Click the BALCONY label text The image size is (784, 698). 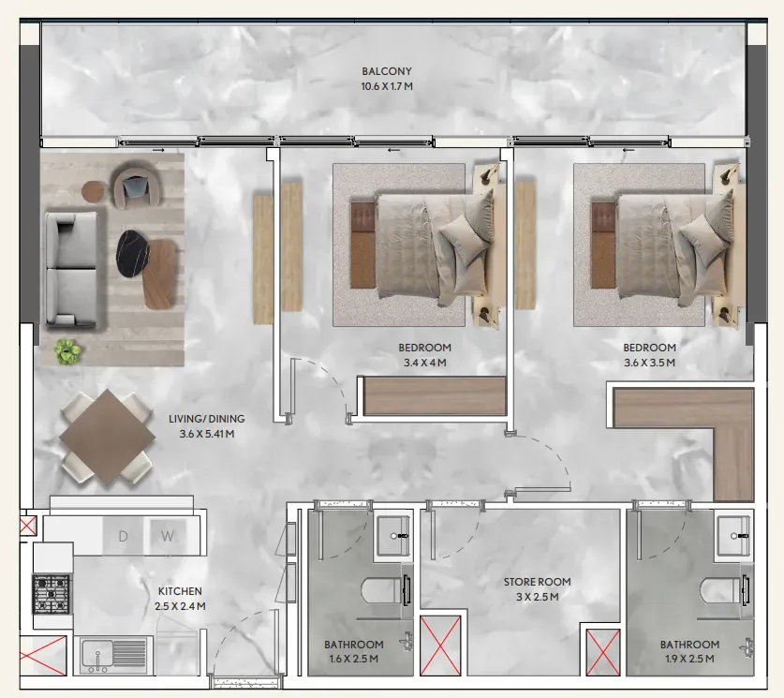pyautogui.click(x=387, y=71)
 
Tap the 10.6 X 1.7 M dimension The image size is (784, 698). pyautogui.click(x=387, y=86)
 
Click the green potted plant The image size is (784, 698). pyautogui.click(x=68, y=350)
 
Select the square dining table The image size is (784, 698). pyautogui.click(x=107, y=438)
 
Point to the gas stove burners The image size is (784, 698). pyautogui.click(x=52, y=594)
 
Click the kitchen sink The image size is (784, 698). pyautogui.click(x=113, y=654)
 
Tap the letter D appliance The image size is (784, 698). pyautogui.click(x=123, y=537)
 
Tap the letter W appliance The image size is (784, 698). pyautogui.click(x=167, y=537)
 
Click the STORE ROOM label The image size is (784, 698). pyautogui.click(x=537, y=582)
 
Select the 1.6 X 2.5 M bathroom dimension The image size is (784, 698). pyautogui.click(x=353, y=659)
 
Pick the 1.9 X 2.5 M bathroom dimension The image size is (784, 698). pyautogui.click(x=689, y=659)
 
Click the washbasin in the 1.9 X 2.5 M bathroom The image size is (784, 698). pyautogui.click(x=734, y=536)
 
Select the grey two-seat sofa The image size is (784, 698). pyautogui.click(x=71, y=269)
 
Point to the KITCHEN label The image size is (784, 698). pyautogui.click(x=180, y=591)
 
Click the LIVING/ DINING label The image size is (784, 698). pyautogui.click(x=206, y=419)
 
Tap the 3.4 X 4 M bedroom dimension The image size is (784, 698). pyautogui.click(x=424, y=363)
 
